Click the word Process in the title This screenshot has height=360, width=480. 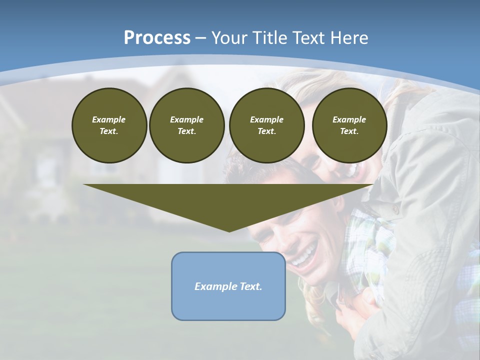coord(157,38)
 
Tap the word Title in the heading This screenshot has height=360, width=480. coord(268,38)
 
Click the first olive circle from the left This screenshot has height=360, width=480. coord(109,125)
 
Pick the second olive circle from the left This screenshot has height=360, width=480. coord(186,125)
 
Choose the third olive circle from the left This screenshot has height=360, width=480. coord(266,125)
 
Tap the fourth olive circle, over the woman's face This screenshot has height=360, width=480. coord(349,125)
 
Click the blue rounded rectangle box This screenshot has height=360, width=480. coord(228,305)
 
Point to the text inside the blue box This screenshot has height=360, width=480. coord(228,286)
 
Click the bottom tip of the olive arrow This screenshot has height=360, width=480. coord(229,231)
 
